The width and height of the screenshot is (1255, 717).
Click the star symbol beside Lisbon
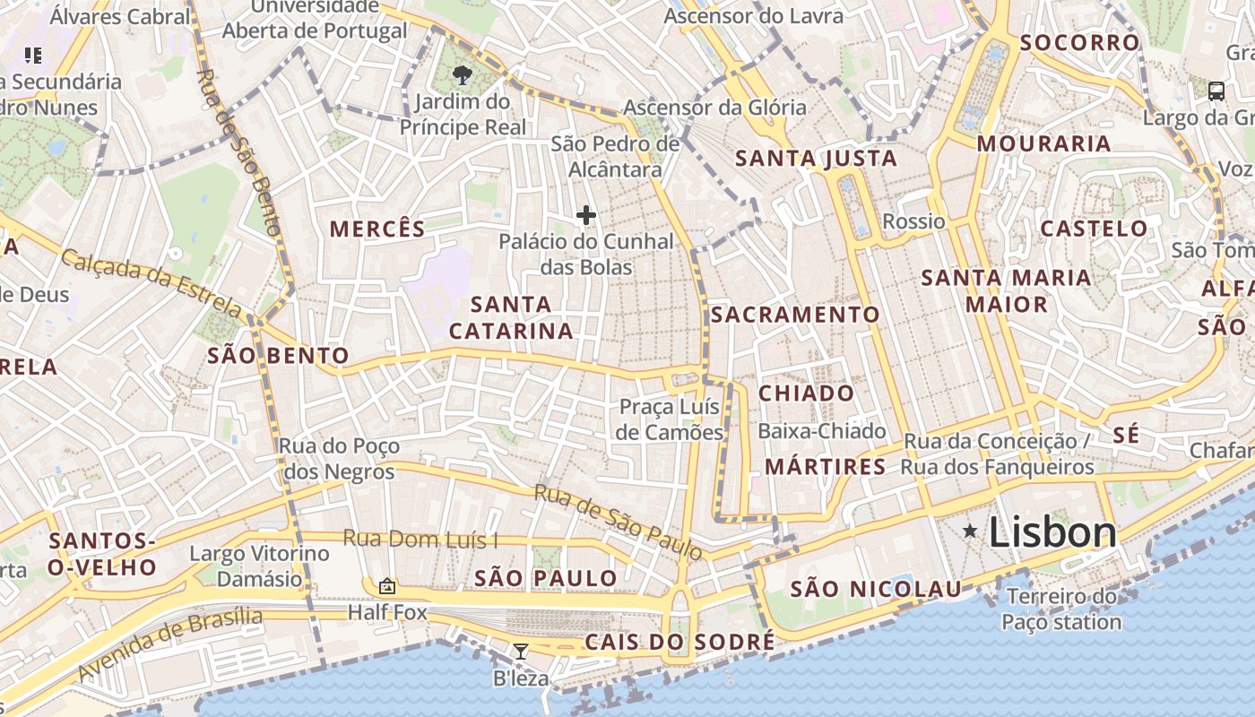tap(970, 531)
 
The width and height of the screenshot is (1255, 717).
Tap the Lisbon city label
tap(1053, 532)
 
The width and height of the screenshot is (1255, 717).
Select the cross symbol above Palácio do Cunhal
tap(586, 215)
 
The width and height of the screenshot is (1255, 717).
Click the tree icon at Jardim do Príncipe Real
tap(463, 74)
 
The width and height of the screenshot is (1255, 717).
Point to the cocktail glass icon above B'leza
tap(520, 652)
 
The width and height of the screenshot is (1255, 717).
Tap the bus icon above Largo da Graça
tap(1216, 91)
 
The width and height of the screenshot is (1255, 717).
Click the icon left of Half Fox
tap(387, 586)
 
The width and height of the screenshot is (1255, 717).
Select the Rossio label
tap(913, 221)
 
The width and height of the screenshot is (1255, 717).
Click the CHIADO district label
tap(807, 393)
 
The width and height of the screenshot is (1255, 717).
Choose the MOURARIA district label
tap(1043, 143)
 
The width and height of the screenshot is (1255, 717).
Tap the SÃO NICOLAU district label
tap(875, 589)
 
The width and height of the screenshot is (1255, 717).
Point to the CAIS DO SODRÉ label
tap(679, 642)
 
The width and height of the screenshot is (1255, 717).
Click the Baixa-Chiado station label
tap(822, 431)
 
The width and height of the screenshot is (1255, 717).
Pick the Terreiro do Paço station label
tap(1061, 609)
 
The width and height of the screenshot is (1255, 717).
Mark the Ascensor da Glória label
tap(714, 108)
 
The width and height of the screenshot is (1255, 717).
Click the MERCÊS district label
tap(377, 229)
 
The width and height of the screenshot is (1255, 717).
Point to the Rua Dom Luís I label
tap(420, 539)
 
